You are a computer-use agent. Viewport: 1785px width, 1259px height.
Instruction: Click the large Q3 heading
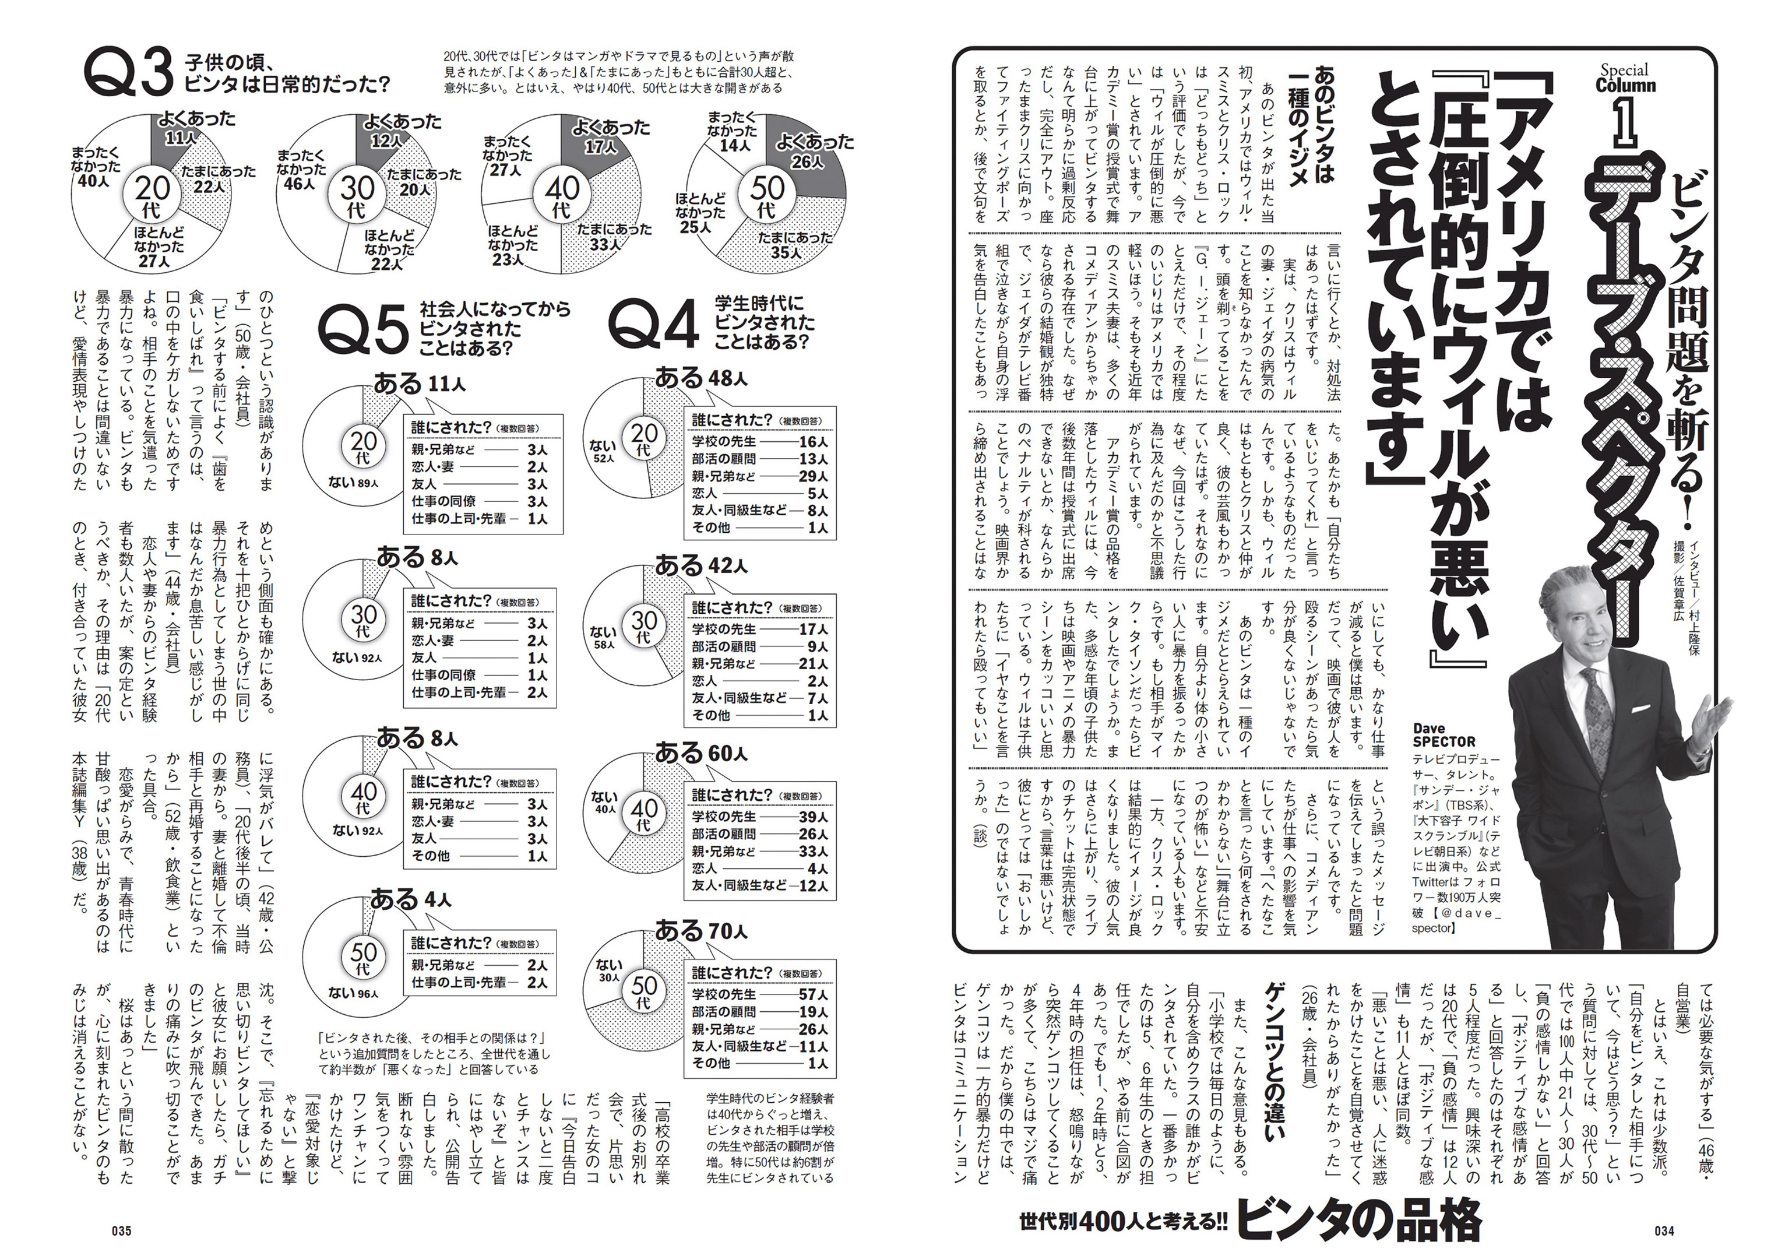(128, 74)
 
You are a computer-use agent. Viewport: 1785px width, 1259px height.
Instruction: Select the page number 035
(121, 1231)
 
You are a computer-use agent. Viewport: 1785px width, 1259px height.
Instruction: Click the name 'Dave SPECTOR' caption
(1444, 735)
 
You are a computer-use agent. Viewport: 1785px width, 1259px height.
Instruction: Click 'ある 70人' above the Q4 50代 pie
(701, 930)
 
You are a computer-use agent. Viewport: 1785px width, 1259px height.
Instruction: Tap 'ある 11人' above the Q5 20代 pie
(420, 384)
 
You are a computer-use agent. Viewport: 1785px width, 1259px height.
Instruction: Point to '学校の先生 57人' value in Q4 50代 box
(761, 994)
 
